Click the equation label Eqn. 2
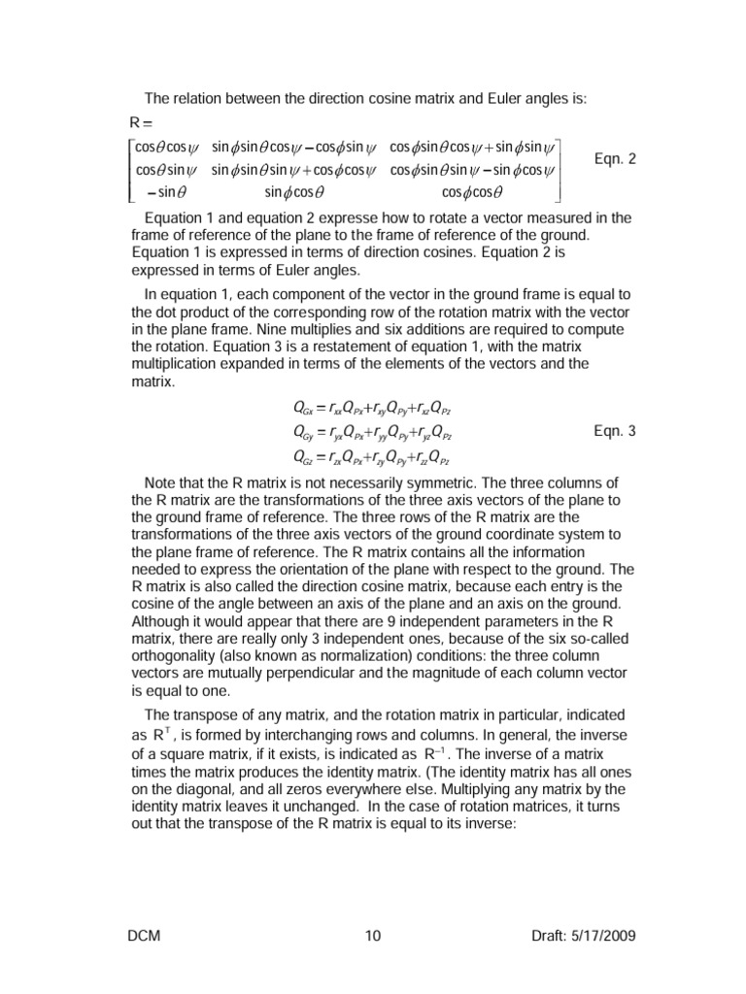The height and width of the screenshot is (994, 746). pyautogui.click(x=614, y=159)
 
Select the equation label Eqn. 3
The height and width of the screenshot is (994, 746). pyautogui.click(x=614, y=430)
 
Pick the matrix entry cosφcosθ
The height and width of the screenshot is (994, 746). pyautogui.click(x=473, y=191)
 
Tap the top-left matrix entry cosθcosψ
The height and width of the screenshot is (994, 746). pyautogui.click(x=164, y=148)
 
